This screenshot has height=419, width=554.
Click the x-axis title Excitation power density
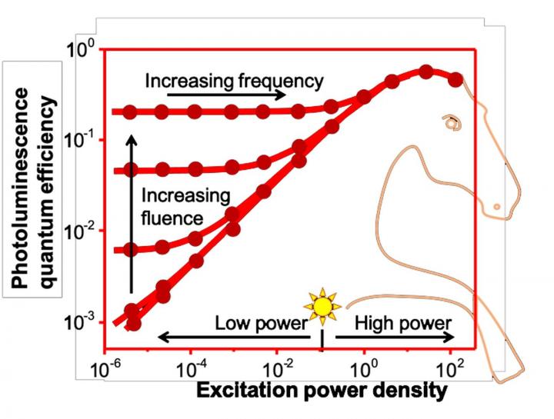coord(322,391)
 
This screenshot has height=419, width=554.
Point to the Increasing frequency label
coord(234,80)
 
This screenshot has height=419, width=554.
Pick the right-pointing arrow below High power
coord(392,337)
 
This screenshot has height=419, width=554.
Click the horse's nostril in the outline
coord(497,206)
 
